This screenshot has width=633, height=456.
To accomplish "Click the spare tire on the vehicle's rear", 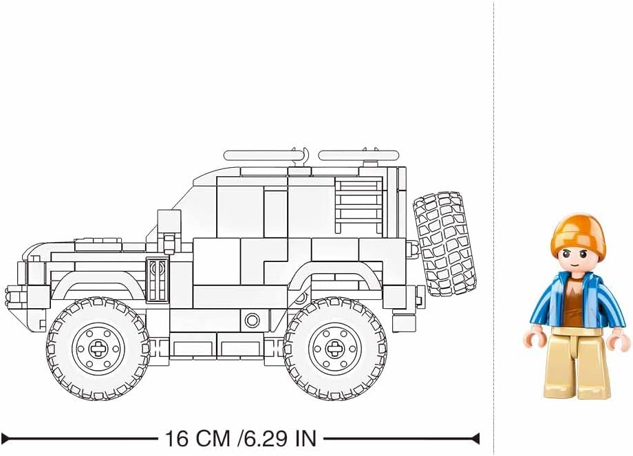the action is [444, 243].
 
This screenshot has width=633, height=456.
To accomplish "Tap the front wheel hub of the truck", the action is [98, 348].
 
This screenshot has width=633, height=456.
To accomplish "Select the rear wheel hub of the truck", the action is [334, 348].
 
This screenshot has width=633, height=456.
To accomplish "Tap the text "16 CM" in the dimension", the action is [197, 438].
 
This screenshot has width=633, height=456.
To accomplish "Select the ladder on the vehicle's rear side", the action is [358, 208].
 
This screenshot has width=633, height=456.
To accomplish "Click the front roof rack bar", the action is [265, 155].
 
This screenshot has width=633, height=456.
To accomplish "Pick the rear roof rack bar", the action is [359, 155].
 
